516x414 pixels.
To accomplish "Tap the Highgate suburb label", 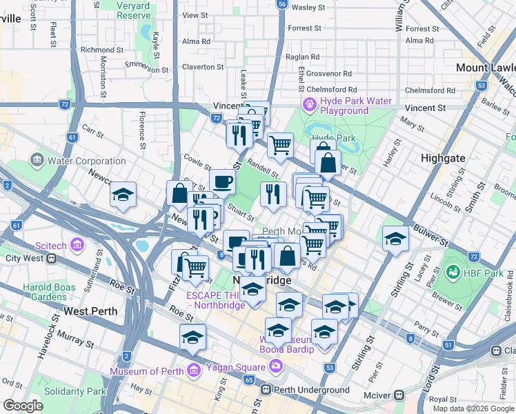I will click(443, 158).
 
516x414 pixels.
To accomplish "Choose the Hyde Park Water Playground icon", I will click(309, 105).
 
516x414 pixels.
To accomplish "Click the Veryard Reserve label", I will click(133, 10).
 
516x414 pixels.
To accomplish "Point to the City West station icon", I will click(51, 259).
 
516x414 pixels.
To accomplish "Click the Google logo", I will click(23, 406).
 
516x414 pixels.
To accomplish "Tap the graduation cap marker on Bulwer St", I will click(396, 239).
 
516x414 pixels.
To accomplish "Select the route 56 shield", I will click(281, 3).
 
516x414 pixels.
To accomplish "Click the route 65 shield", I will click(249, 380).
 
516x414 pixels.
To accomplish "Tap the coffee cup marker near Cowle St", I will click(222, 181).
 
